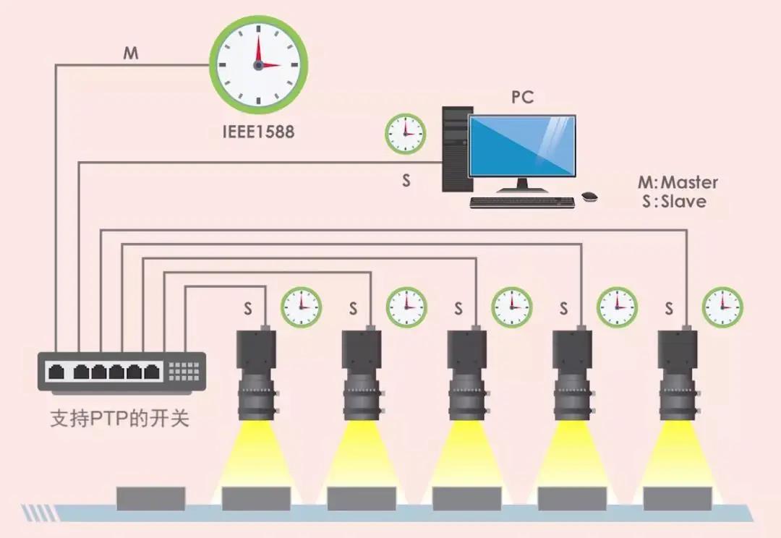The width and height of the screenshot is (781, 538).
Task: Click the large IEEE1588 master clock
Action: [x=258, y=64]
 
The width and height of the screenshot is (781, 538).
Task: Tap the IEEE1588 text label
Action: [x=258, y=132]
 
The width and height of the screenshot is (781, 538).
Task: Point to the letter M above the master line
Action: [x=131, y=54]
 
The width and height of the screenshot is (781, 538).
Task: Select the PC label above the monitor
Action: [x=522, y=97]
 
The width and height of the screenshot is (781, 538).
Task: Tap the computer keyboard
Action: [x=522, y=202]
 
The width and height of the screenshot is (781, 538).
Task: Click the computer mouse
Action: [x=590, y=196]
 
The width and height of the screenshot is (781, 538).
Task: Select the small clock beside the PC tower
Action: [x=405, y=134]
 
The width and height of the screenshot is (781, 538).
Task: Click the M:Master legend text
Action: [x=678, y=182]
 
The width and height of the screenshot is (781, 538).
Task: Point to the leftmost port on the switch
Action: [x=56, y=372]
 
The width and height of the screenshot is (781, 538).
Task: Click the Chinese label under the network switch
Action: [x=119, y=418]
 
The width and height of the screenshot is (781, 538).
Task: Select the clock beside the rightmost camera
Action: [x=722, y=307]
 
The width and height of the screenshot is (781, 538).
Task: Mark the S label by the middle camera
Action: [x=458, y=309]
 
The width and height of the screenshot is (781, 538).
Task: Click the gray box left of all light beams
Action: [x=151, y=498]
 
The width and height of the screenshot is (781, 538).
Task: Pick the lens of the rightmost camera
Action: [x=677, y=399]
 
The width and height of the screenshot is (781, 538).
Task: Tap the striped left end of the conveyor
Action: [x=35, y=513]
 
